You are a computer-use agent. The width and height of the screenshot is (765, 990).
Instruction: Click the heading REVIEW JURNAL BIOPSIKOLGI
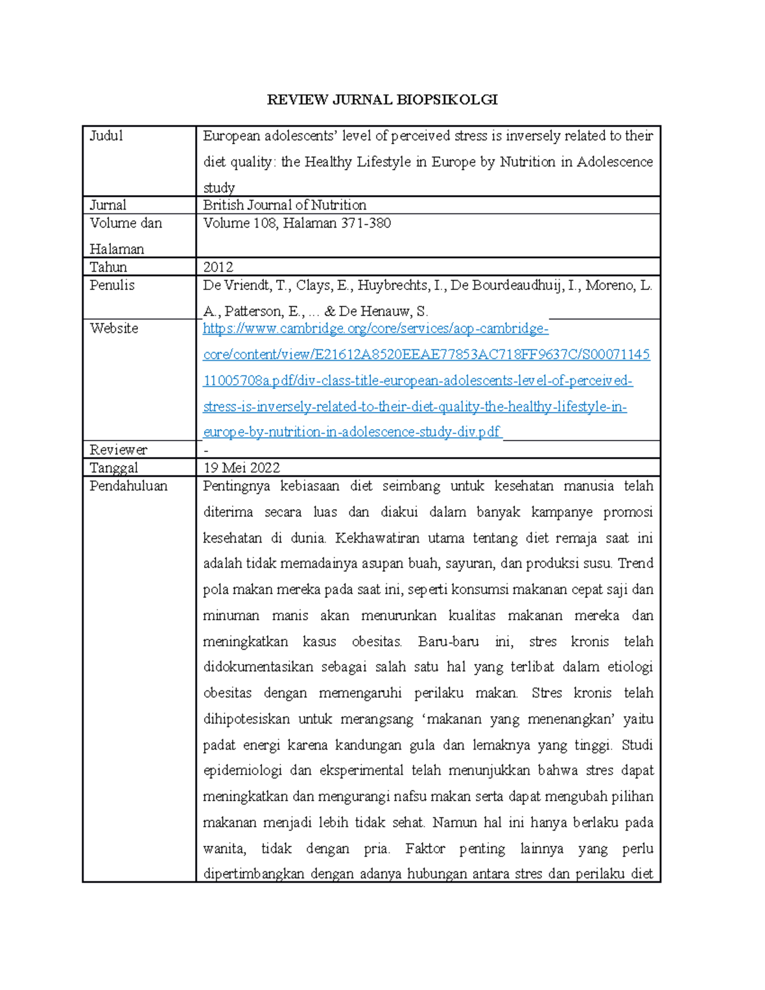point(382,99)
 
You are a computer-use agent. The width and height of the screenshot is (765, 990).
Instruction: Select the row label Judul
point(106,136)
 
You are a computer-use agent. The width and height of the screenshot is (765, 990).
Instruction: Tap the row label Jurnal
point(108,205)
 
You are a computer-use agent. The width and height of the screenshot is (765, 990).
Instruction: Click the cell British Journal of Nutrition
point(284,205)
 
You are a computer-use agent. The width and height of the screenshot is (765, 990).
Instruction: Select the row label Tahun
point(108,266)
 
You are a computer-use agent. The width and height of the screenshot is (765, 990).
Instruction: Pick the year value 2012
point(218,266)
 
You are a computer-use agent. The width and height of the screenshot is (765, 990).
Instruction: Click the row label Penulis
point(112,285)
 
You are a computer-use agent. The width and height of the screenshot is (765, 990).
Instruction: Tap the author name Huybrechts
point(394,285)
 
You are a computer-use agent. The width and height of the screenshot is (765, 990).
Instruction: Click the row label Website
point(113,328)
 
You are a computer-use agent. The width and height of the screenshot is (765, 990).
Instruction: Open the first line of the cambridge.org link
point(375,329)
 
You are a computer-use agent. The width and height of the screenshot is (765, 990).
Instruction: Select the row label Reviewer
point(118,449)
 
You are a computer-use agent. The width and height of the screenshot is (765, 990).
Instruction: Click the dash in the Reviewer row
point(206,450)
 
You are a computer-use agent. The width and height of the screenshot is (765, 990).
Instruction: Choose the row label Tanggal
point(113,467)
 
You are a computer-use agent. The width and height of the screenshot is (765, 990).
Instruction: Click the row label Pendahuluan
point(128,486)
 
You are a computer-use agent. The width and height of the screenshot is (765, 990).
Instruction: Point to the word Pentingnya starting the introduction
point(236,486)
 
